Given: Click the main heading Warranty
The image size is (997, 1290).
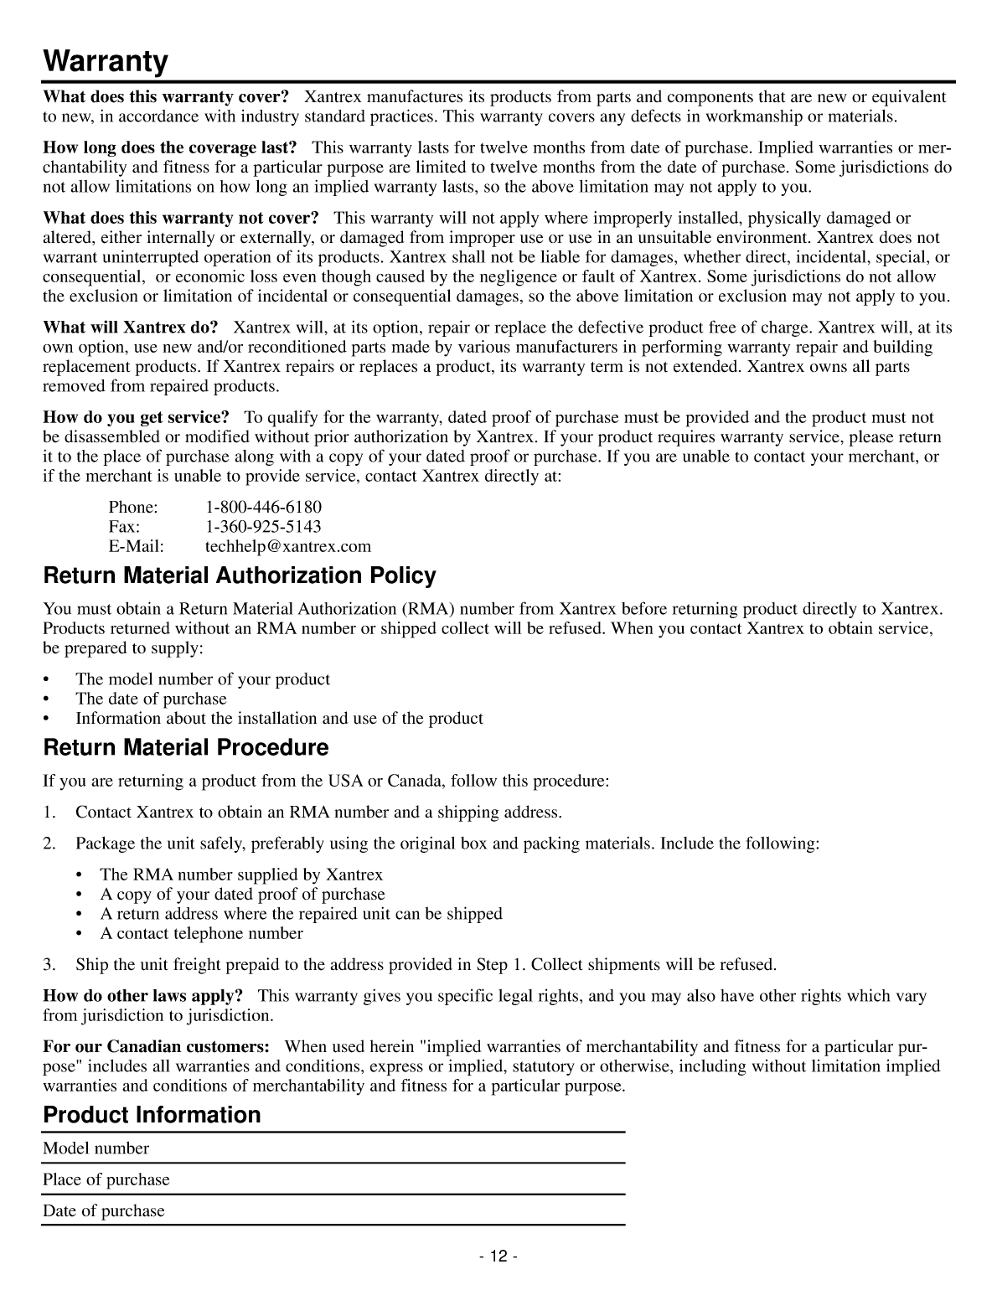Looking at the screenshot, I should click(106, 61).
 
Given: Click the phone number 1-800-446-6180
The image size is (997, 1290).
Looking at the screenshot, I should click(263, 507).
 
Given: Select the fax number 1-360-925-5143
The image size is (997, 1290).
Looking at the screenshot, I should click(263, 527).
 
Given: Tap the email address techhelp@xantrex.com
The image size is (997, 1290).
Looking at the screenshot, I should click(287, 547).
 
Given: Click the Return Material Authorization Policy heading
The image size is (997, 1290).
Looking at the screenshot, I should click(240, 576).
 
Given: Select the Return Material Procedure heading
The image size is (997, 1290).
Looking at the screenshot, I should click(185, 747).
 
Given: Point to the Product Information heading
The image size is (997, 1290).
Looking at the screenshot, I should click(152, 1115).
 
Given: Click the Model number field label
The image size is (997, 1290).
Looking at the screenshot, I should click(96, 1148).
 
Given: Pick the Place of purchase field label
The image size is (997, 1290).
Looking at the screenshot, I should click(106, 1179).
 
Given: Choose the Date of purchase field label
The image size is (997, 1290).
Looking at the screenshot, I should click(103, 1210).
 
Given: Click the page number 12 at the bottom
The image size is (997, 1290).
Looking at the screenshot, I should click(498, 1256).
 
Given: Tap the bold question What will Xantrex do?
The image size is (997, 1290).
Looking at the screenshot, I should click(130, 327).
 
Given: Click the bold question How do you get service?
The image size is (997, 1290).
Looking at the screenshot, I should click(136, 417).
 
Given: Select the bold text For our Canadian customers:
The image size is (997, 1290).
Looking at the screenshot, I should click(156, 1047).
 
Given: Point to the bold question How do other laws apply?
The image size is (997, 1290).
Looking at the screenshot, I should click(142, 996).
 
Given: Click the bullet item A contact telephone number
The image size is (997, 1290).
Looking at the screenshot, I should click(201, 933).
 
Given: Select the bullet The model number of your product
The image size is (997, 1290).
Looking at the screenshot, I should click(203, 679).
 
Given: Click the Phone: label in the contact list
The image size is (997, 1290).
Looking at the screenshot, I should click(132, 507).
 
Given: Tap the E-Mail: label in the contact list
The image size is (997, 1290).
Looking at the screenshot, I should click(136, 547).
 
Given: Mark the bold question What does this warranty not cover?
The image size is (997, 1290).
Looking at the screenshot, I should click(181, 219).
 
